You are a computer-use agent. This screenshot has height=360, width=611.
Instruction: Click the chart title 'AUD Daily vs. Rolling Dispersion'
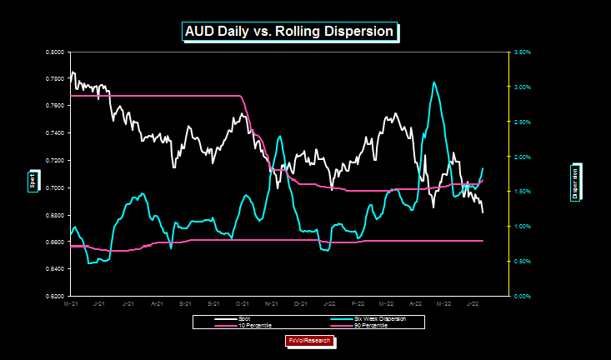click(288, 32)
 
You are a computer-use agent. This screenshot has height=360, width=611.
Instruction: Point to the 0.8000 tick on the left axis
click(55, 52)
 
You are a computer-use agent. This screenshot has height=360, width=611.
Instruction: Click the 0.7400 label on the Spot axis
click(55, 133)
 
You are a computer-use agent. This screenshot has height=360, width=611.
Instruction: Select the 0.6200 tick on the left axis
click(55, 296)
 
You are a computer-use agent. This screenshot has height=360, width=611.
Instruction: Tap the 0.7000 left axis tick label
click(55, 187)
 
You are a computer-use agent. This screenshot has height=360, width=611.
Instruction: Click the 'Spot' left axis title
click(33, 181)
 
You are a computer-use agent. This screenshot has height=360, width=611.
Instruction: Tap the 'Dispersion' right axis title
click(575, 181)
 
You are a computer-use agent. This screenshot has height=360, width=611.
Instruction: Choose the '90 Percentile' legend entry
click(359, 325)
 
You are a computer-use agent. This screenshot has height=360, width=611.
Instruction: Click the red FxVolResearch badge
click(310, 341)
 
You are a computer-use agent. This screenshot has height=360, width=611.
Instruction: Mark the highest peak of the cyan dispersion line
click(433, 82)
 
